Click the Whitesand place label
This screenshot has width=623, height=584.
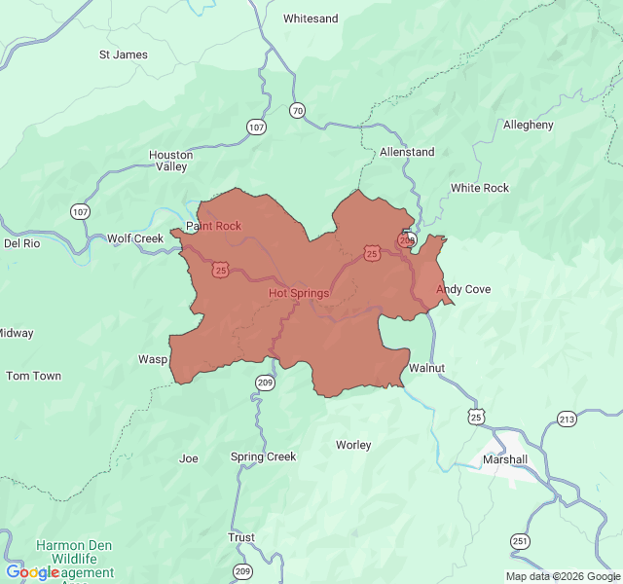pos(311,18)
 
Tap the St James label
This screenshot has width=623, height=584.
pos(124,55)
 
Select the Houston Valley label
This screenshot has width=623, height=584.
pos(170,161)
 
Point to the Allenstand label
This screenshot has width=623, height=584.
pos(407,152)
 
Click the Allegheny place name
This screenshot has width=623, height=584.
pos(528,125)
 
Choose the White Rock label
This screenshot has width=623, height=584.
pos(479,188)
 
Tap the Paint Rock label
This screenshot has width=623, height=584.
pos(213,226)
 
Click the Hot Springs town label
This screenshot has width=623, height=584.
pos(298,293)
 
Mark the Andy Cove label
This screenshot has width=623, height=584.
pos(463,289)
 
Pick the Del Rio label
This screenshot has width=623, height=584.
pos(21,243)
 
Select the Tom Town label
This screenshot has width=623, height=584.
pos(33,376)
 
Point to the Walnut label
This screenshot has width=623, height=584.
pos(426,368)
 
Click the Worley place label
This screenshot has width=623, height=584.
pos(353,445)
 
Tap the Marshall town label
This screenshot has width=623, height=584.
pos(505,459)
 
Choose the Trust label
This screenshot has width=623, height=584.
pos(241,537)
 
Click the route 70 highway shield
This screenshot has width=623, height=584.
pos(297,111)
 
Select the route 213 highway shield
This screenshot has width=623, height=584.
pos(567,419)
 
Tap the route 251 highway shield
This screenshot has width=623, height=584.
pos(521,541)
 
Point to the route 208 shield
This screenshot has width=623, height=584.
pos(406,239)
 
